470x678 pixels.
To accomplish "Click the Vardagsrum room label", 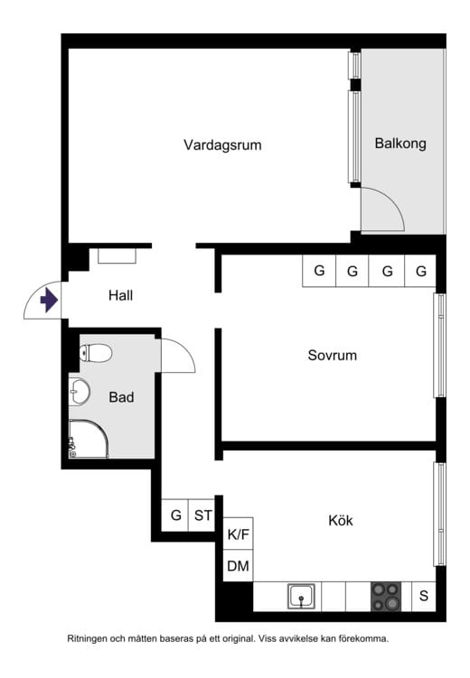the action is point(222,144).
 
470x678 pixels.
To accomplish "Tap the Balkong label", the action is point(400,144).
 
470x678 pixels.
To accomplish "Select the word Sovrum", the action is point(333,356).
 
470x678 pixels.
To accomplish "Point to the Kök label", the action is point(341,520).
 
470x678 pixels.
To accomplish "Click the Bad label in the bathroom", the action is point(121,397).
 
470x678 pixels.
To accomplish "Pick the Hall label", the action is point(121,296).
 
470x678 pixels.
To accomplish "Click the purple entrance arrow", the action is point(49,300).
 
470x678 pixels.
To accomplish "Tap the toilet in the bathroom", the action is point(96,353).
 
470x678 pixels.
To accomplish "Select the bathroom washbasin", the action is point(80,392).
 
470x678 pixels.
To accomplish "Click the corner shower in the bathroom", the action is point(89,439).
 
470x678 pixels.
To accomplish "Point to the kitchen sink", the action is point(302,596).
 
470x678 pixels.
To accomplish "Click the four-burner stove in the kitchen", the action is point(386,597).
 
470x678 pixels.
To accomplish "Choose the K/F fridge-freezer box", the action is point(238,534).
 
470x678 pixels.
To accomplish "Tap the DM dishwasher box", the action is point(238,565).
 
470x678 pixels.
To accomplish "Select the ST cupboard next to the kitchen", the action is point(202,515).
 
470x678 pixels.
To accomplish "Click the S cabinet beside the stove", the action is point(423,596).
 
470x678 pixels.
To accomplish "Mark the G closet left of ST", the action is point(175,515).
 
